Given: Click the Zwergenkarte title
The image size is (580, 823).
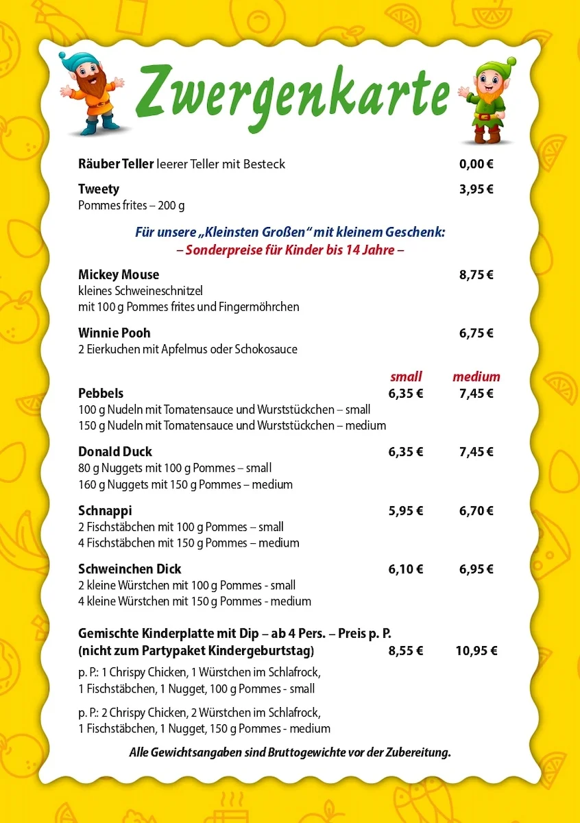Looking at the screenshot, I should (x=292, y=92).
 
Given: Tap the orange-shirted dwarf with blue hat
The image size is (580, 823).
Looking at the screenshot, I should (x=92, y=93).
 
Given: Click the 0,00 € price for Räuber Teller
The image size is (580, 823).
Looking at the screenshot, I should (x=476, y=164).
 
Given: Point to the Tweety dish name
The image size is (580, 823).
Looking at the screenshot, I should (x=99, y=189).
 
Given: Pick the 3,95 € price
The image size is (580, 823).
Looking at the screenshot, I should (x=476, y=189).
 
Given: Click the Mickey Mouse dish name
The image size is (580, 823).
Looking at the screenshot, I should (x=119, y=274).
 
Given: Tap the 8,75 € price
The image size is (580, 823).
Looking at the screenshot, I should (x=476, y=275).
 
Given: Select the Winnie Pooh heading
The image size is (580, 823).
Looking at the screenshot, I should (x=114, y=333).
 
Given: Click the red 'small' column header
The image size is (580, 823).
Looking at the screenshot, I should (x=406, y=377).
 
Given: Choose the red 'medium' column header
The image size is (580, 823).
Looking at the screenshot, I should (x=476, y=377).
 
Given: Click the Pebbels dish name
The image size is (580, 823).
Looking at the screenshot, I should (x=101, y=393).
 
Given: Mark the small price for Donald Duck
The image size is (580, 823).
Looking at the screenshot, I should (x=406, y=452).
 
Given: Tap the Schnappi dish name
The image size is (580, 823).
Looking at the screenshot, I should (x=105, y=511).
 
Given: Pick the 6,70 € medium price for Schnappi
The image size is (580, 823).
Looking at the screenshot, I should (x=476, y=511).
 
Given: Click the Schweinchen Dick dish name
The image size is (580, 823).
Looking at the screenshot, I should (x=130, y=569).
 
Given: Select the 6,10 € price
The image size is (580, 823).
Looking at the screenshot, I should (x=406, y=569).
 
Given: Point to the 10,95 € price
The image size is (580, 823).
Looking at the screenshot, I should (x=476, y=651).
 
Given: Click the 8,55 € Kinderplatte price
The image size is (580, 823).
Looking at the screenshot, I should (x=406, y=651).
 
